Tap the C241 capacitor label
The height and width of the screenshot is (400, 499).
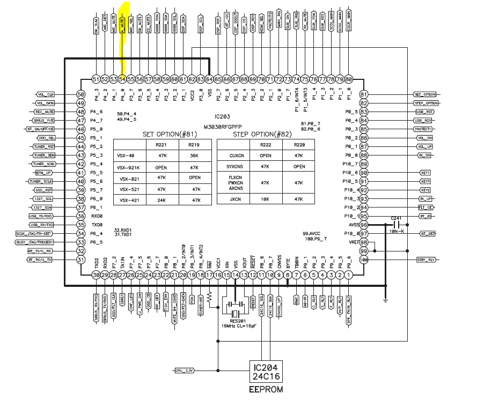[397, 218]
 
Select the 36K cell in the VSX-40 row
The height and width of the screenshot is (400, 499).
[194, 155]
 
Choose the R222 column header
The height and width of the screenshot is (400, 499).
[264, 144]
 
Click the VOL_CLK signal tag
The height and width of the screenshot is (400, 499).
[46, 94]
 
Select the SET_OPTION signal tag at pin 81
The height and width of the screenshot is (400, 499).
[425, 94]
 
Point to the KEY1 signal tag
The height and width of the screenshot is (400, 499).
[425, 173]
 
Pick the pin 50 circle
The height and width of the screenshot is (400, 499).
[81, 94]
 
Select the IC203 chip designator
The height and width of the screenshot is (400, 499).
[221, 116]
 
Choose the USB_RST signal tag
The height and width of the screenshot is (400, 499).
[425, 112]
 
